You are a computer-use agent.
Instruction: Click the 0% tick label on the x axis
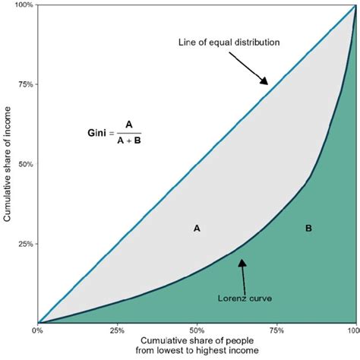[x=37, y=331]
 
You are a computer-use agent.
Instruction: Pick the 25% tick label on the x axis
[x=116, y=331]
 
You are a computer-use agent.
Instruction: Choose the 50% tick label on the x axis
[x=196, y=331]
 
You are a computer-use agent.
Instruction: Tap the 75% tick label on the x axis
[x=276, y=331]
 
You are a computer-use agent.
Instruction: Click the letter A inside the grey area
[x=197, y=227]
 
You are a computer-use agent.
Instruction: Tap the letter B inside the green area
[x=308, y=228]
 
